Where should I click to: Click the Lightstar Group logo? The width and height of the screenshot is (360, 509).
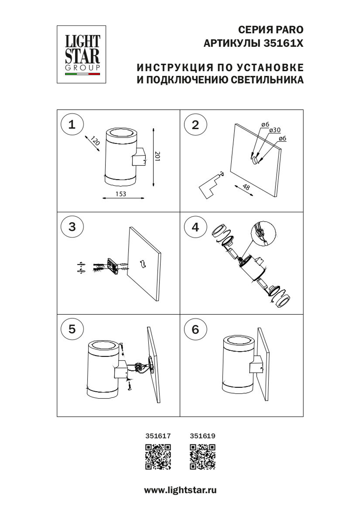(x=81, y=54)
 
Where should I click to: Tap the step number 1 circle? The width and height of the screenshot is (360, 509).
(x=72, y=124)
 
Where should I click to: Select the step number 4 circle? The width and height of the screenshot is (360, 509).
(x=195, y=227)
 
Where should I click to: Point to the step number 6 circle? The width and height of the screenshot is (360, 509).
(x=195, y=329)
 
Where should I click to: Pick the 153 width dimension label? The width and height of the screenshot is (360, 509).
(x=121, y=194)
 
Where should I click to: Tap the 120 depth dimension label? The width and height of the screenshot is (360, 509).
(x=94, y=141)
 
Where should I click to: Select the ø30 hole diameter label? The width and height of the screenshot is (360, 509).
(x=275, y=130)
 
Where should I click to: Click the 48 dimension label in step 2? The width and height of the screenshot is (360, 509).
(x=246, y=187)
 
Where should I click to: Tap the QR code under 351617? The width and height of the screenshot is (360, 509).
(x=158, y=457)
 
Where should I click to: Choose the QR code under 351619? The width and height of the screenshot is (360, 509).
(x=202, y=457)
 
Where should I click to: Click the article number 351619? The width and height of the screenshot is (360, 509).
(x=202, y=436)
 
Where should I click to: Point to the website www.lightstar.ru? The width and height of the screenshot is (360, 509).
(x=180, y=490)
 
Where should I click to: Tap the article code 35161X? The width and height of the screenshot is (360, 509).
(x=283, y=44)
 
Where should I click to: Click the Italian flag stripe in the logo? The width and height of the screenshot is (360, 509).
(x=82, y=74)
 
